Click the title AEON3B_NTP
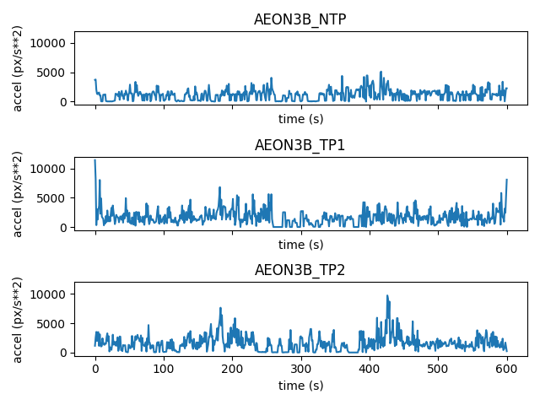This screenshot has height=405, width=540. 300,20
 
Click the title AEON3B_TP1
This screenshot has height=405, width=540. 300,145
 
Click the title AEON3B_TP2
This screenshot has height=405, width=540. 300,271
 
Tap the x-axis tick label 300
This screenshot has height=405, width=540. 300,369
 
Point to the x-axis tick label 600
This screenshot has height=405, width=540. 506,369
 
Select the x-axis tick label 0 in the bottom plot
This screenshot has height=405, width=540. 95,369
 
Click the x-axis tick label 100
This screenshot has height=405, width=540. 164,369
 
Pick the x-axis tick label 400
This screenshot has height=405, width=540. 370,369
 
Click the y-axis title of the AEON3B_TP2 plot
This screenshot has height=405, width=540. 18,320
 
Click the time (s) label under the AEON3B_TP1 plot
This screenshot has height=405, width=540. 300,245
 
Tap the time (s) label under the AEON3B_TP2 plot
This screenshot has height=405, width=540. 300,385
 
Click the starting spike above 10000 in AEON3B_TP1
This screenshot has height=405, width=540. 95,160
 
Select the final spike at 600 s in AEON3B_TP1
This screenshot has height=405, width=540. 506,180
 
